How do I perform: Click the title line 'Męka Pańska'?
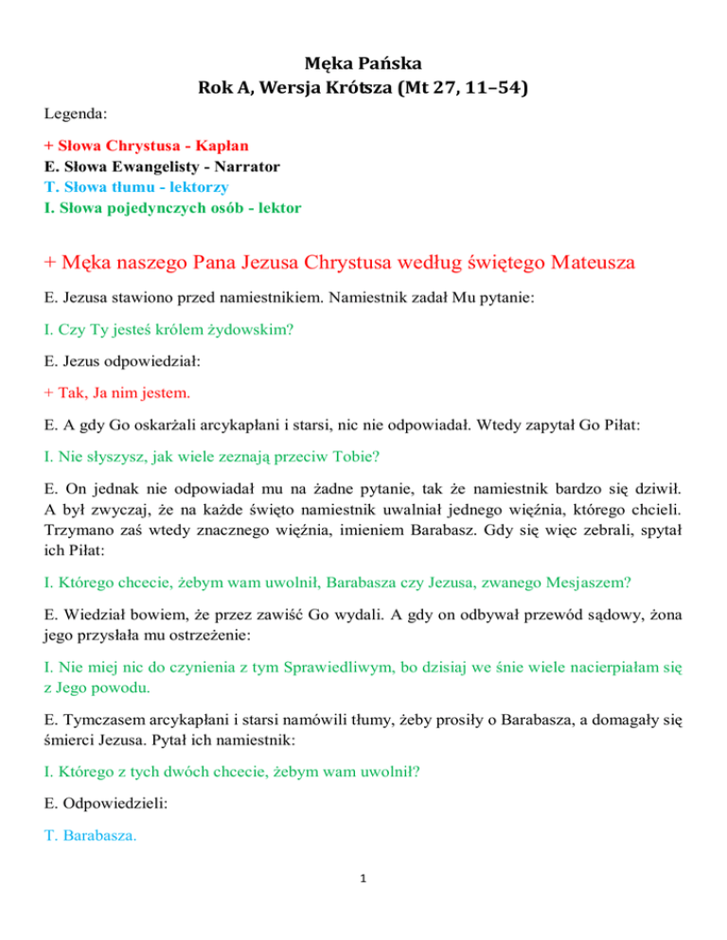363,65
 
